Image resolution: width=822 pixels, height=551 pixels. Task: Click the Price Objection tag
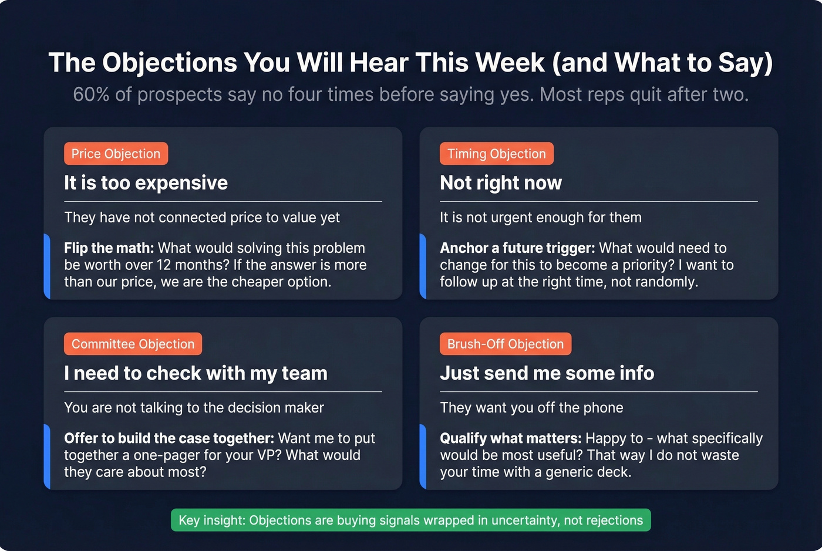tap(116, 154)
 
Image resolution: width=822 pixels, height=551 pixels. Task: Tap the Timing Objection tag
tap(496, 154)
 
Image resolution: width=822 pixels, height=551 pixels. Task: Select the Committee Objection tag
tap(133, 344)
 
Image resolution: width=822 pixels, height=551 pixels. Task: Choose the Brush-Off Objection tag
tap(505, 344)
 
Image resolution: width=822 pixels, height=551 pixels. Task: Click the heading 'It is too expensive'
tap(146, 183)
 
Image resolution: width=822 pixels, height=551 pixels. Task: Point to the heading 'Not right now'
tap(501, 183)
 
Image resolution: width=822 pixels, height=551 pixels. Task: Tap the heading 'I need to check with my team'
tap(196, 373)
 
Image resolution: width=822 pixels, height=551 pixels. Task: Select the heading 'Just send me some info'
tap(547, 373)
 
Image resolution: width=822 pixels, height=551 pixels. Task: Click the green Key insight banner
tap(410, 520)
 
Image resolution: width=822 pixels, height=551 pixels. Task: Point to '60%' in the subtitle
tap(91, 94)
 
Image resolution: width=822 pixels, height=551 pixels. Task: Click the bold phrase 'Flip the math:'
tap(109, 248)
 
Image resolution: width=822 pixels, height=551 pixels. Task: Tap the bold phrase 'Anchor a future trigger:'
tap(517, 248)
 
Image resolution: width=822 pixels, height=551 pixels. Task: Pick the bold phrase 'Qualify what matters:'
tap(510, 438)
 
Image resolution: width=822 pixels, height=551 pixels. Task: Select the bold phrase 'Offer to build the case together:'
tap(169, 438)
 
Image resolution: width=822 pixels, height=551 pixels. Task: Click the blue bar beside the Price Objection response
tap(47, 266)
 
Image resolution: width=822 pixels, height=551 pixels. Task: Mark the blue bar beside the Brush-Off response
tap(423, 456)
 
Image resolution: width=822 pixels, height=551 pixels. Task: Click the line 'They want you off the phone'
tap(531, 408)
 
